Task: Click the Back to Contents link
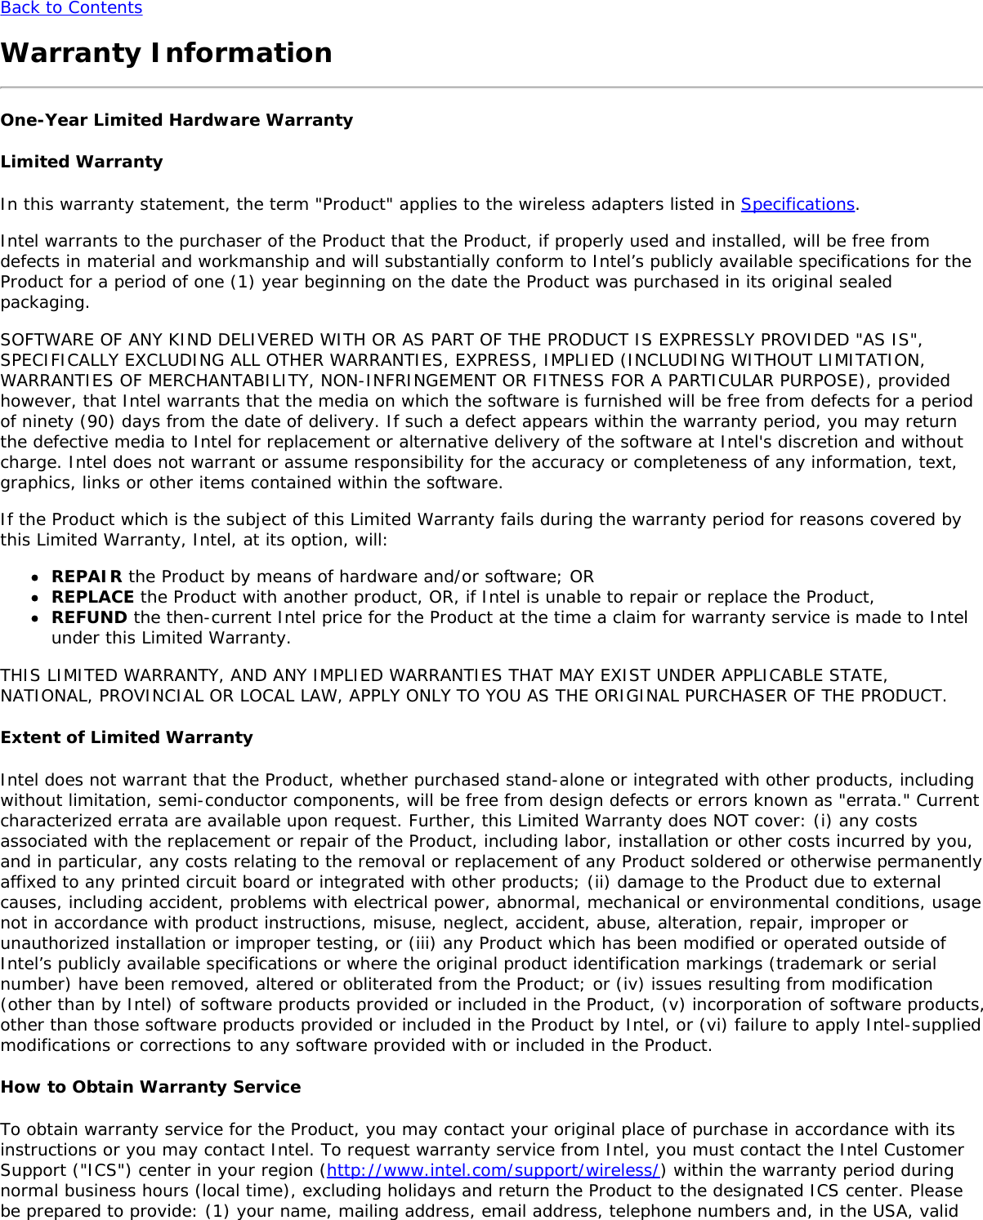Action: (71, 8)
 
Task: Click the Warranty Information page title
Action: (167, 53)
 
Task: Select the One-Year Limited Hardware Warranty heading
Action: (176, 120)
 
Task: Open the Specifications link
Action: (797, 204)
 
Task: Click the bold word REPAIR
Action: (87, 577)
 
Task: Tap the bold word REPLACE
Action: (92, 597)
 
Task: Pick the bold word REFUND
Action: (89, 617)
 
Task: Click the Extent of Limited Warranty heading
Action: (127, 737)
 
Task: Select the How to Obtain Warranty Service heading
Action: (150, 1087)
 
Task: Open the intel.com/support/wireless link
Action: (493, 1170)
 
